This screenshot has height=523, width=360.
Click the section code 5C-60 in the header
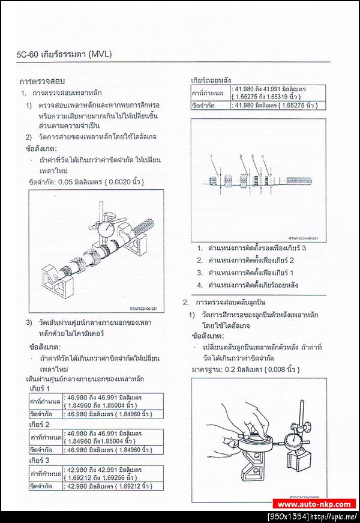[28, 55]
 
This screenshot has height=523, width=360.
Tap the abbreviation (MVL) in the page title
[100, 55]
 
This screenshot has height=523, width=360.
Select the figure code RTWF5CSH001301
[143, 309]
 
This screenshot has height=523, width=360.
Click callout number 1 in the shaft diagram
[211, 156]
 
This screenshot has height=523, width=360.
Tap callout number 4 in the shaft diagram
[263, 156]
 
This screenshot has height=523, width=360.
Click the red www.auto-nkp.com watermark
[314, 504]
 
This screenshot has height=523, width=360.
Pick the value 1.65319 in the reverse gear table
[283, 96]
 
